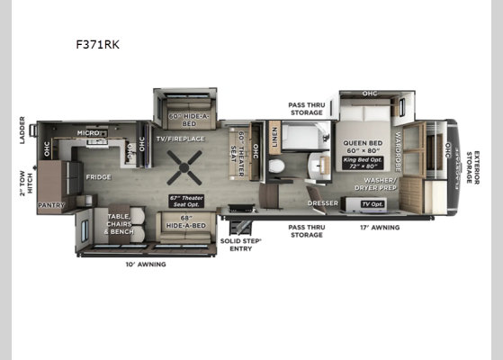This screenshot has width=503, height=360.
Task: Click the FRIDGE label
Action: click(98, 176)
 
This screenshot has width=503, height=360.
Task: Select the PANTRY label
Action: click(50, 205)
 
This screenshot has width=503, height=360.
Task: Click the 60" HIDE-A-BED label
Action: click(185, 120)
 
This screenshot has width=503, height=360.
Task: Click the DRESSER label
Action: click(323, 203)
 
